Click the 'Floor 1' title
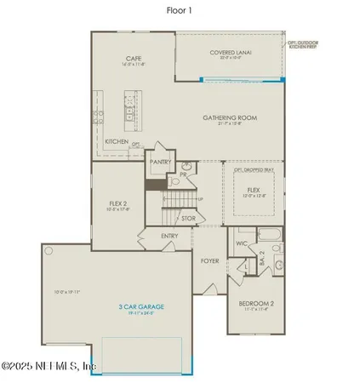point(180,12)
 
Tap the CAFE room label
point(132,59)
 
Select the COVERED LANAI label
point(227,53)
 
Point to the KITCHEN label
point(117,141)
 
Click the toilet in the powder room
point(176,180)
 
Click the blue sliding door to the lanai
point(243,80)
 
